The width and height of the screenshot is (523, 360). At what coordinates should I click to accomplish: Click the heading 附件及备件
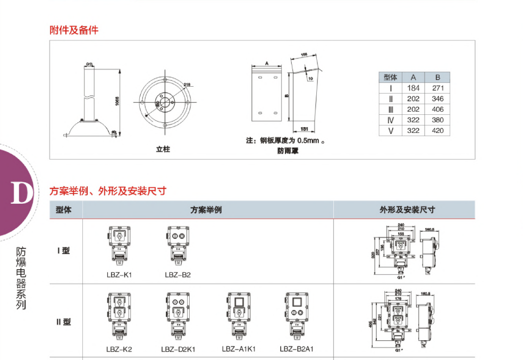(74, 30)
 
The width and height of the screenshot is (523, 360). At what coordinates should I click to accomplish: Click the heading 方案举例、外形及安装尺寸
(108, 190)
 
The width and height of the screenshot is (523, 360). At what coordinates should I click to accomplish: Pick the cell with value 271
(437, 88)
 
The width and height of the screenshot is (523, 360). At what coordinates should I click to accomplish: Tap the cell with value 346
(437, 98)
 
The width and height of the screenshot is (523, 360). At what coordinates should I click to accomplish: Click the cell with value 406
(437, 109)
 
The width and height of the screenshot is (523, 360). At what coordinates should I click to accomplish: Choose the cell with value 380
(437, 120)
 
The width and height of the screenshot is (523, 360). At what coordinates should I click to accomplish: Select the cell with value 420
(437, 130)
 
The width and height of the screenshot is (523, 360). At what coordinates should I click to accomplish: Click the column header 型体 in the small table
(391, 77)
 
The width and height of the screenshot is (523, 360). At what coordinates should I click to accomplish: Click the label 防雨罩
(288, 150)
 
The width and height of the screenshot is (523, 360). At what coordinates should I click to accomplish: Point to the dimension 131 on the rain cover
(305, 129)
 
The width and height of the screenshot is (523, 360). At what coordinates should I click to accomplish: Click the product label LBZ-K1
(119, 275)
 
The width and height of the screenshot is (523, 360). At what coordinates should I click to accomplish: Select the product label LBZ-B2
(178, 275)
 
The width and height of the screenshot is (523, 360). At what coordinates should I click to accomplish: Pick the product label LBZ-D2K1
(178, 349)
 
